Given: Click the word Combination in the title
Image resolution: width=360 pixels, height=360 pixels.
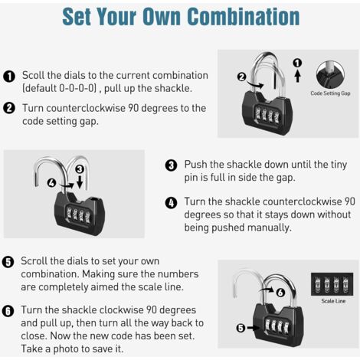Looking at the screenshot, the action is click(x=244, y=17).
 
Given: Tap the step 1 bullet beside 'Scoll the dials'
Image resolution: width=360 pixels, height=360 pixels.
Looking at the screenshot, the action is click(x=9, y=77).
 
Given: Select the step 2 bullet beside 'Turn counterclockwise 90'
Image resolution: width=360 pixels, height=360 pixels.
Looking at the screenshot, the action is click(x=9, y=108).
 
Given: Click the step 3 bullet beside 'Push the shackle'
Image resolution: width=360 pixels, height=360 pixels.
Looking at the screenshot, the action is click(x=171, y=165).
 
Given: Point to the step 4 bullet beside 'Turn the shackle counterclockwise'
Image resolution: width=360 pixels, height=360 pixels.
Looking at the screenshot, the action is click(x=171, y=203).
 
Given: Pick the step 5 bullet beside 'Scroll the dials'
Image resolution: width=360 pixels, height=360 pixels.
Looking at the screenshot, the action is click(x=8, y=262).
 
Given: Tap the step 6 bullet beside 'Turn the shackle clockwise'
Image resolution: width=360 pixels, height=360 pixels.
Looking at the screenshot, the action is click(x=8, y=311).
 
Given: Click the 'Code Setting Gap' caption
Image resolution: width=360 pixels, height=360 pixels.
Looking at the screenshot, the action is click(x=330, y=93).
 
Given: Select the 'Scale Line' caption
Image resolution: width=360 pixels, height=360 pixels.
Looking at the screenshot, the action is click(x=333, y=301).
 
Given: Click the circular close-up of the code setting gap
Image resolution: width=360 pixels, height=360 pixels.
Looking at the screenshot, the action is click(x=330, y=74).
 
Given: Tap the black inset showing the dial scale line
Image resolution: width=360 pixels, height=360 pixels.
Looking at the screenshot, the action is click(x=332, y=284).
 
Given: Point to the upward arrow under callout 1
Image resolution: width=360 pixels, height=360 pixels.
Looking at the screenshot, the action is click(x=297, y=76).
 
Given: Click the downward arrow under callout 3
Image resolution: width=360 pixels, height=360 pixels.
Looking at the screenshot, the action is click(x=80, y=182).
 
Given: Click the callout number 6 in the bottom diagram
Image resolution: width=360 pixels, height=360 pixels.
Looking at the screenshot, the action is click(x=280, y=293).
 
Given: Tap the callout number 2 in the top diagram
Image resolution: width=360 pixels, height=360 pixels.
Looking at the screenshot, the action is click(x=241, y=77).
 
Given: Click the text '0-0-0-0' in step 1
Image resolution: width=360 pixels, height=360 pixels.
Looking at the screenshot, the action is click(x=77, y=89).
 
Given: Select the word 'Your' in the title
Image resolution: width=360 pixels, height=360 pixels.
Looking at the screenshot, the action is click(x=116, y=17).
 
